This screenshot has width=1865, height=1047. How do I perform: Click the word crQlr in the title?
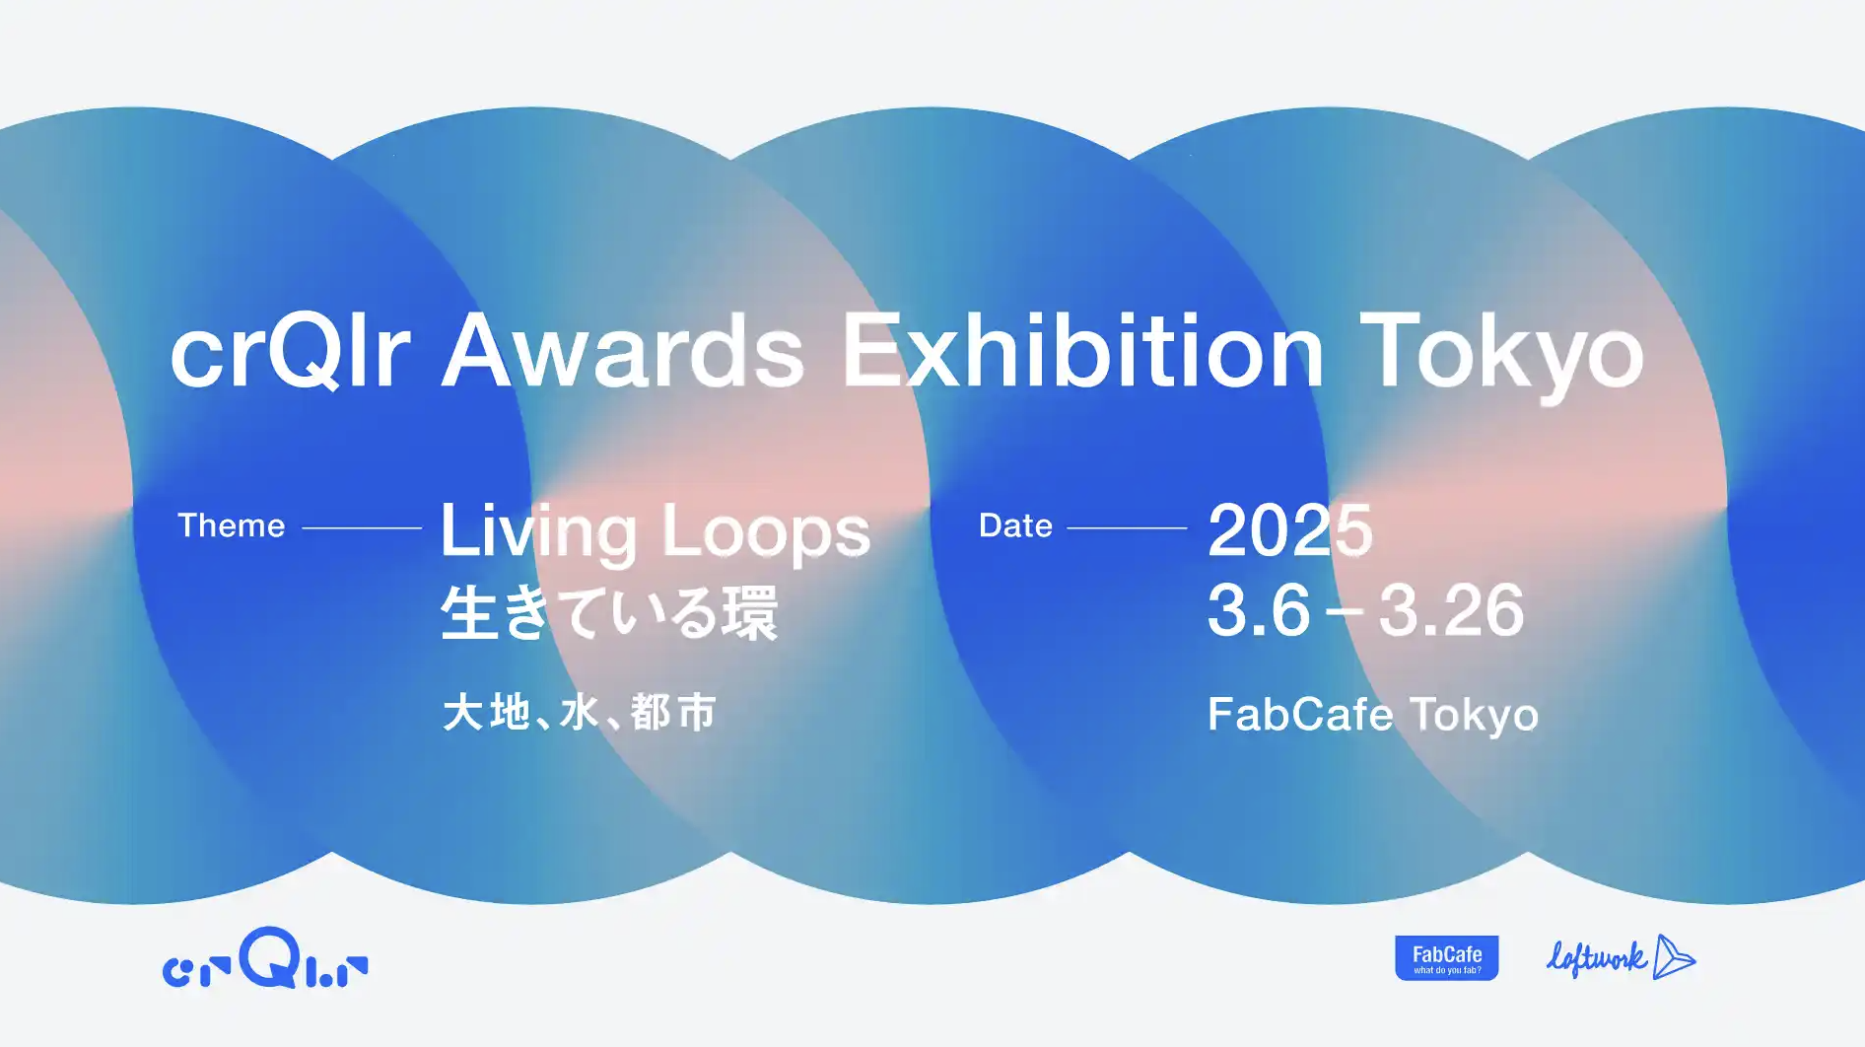290,351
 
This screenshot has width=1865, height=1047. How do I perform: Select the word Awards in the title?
623,351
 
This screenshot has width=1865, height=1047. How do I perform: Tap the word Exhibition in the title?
1083,350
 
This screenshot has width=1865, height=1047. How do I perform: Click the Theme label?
231,525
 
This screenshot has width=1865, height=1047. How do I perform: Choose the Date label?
1015,525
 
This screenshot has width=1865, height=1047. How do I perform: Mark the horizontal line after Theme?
362,528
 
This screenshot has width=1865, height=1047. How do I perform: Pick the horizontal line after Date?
1127,528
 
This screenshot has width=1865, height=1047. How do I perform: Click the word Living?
538,533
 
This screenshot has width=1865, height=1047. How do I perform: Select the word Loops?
766,533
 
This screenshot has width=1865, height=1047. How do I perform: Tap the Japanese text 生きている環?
609,612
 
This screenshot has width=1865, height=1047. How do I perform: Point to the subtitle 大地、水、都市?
580,712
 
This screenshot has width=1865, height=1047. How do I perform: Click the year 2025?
1289,529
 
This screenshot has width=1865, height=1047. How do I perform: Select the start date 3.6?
1259,609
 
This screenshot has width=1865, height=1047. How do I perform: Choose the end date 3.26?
1451,609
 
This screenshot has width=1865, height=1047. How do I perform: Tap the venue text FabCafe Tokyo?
1373,715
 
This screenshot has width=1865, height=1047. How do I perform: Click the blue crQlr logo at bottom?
265,957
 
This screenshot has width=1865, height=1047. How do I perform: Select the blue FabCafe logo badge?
1447,958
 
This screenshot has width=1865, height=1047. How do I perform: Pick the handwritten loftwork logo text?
1597,957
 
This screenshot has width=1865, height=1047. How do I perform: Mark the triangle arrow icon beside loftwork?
1673,957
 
